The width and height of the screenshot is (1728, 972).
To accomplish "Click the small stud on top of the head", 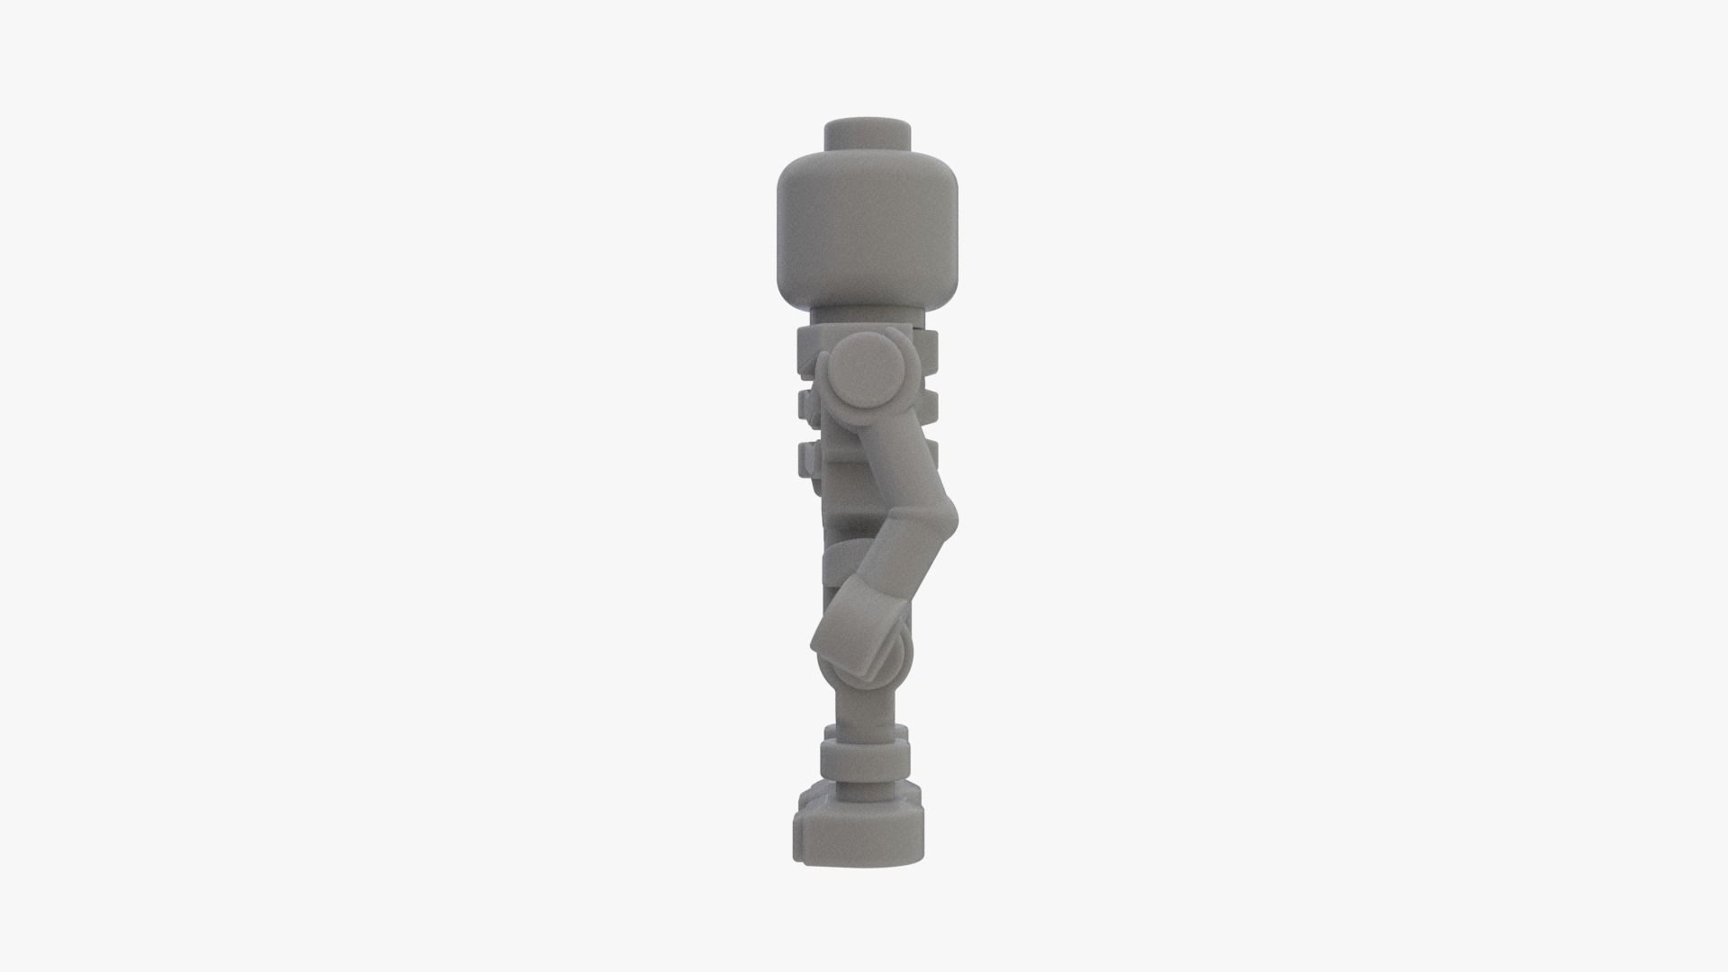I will [868, 135].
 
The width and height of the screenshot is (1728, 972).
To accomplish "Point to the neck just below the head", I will [868, 317].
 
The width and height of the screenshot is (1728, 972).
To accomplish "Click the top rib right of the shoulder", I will [926, 346].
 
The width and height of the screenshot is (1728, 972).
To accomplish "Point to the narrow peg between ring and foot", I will [862, 792].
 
